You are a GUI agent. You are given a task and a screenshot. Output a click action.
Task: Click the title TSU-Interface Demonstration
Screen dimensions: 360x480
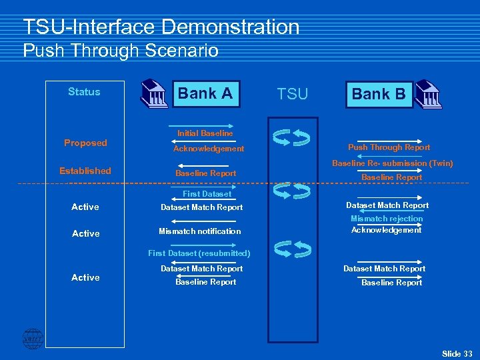(161, 27)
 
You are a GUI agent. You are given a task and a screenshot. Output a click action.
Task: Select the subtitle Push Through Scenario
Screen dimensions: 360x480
(121, 51)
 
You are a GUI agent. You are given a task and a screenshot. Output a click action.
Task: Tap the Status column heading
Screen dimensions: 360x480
(84, 92)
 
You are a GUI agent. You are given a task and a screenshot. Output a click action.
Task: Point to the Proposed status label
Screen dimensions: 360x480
(85, 143)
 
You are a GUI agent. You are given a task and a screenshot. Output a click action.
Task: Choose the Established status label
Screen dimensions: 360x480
(85, 171)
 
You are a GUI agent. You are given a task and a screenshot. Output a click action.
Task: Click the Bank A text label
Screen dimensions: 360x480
(205, 93)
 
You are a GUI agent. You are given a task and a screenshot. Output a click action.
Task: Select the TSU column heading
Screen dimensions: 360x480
(293, 94)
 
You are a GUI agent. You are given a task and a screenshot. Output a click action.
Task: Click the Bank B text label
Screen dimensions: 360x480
(379, 94)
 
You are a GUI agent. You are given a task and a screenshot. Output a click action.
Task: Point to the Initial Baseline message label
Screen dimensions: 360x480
(205, 133)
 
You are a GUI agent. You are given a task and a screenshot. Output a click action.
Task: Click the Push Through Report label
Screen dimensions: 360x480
(389, 147)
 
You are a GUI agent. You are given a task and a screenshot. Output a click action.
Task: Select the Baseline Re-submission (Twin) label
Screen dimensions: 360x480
(393, 163)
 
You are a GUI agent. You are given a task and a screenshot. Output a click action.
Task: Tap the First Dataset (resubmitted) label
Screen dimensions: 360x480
(199, 253)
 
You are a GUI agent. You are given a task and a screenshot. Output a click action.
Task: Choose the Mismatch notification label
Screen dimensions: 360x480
(200, 231)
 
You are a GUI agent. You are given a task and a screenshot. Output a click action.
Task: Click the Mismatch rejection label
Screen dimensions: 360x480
(387, 219)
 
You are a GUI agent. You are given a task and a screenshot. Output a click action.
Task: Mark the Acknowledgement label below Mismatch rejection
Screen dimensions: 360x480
(387, 230)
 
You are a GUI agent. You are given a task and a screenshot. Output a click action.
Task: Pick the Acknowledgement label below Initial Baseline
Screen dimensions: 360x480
(209, 149)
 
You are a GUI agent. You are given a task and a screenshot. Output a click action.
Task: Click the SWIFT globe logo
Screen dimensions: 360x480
(33, 339)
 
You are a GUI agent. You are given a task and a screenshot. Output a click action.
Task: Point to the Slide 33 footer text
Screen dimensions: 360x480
(457, 353)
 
